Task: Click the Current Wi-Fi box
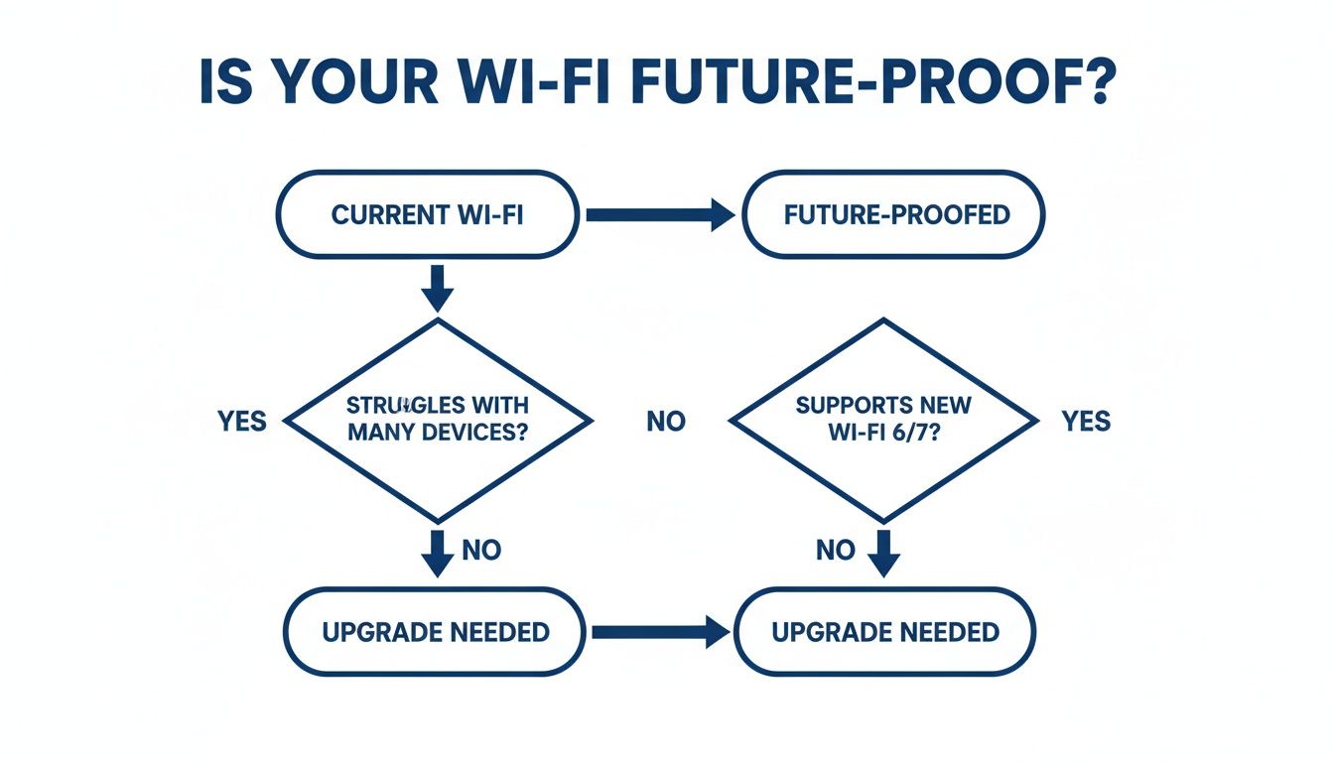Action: [x=428, y=214]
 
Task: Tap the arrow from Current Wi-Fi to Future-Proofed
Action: [x=660, y=214]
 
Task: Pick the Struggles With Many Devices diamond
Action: [x=438, y=420]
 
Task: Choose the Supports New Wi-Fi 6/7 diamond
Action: [x=884, y=420]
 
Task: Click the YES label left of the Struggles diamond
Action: [x=242, y=421]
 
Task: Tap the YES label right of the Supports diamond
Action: [x=1086, y=421]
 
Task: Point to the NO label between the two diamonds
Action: [x=665, y=421]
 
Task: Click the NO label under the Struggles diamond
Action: [x=481, y=550]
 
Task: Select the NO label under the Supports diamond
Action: [x=835, y=550]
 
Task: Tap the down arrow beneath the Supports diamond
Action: [x=883, y=553]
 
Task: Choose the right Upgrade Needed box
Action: [x=884, y=632]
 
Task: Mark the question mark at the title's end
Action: [x=1115, y=85]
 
